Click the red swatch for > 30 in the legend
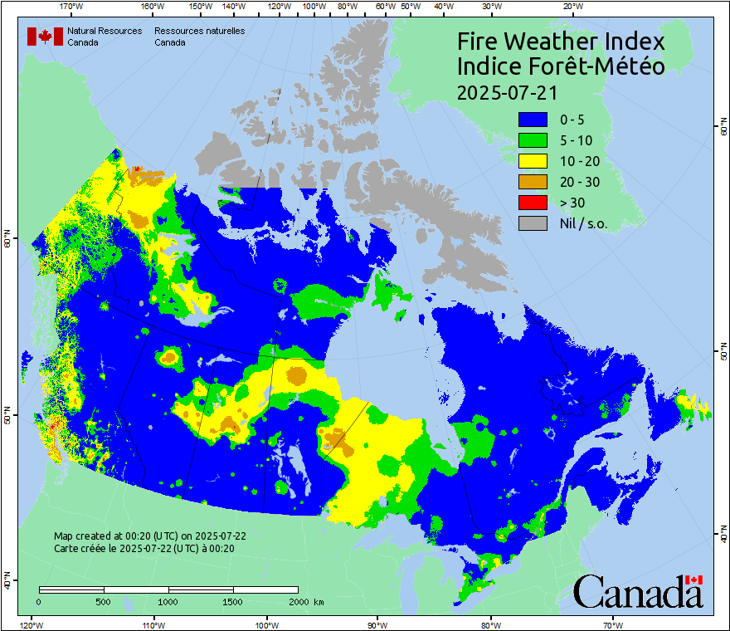tap(533, 202)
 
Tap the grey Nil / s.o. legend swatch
tap(533, 223)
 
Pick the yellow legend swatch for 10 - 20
tap(533, 160)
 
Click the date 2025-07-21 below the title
tap(507, 90)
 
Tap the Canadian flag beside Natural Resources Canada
tap(44, 36)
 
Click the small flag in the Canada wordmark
tap(693, 580)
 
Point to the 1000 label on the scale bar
tap(168, 601)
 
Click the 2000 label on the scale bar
tap(298, 601)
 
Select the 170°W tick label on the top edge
tap(72, 7)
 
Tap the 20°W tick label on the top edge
tap(572, 7)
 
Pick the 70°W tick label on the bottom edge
tap(612, 624)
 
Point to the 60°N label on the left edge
tap(7, 242)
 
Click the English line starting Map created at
tap(149, 536)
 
